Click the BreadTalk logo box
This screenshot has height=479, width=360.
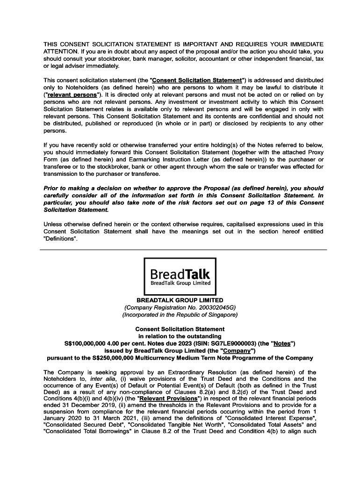(180, 276)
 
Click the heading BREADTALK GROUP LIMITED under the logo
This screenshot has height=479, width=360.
(180, 300)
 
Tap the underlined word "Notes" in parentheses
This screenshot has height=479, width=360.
(282, 343)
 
